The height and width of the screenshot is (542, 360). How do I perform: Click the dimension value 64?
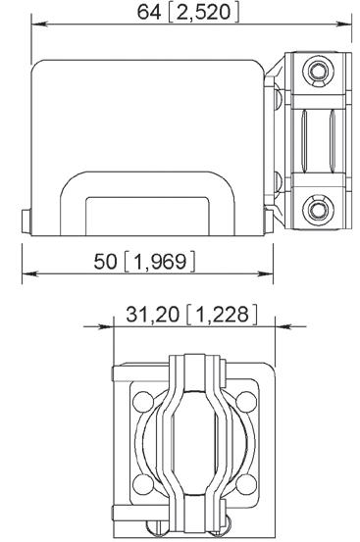click(149, 13)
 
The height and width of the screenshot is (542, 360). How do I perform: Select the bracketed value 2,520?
click(203, 13)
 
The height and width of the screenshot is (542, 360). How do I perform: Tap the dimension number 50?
click(106, 261)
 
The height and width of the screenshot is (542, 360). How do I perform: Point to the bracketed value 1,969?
click(160, 262)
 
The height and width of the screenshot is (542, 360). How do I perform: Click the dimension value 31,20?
click(152, 315)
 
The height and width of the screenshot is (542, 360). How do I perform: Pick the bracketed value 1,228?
click(222, 315)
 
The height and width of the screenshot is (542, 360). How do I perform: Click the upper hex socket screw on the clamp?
click(318, 72)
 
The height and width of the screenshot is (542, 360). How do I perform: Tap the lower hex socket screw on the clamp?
click(318, 210)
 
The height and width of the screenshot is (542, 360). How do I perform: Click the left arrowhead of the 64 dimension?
click(39, 25)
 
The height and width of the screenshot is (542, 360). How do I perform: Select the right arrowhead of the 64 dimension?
click(343, 25)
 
